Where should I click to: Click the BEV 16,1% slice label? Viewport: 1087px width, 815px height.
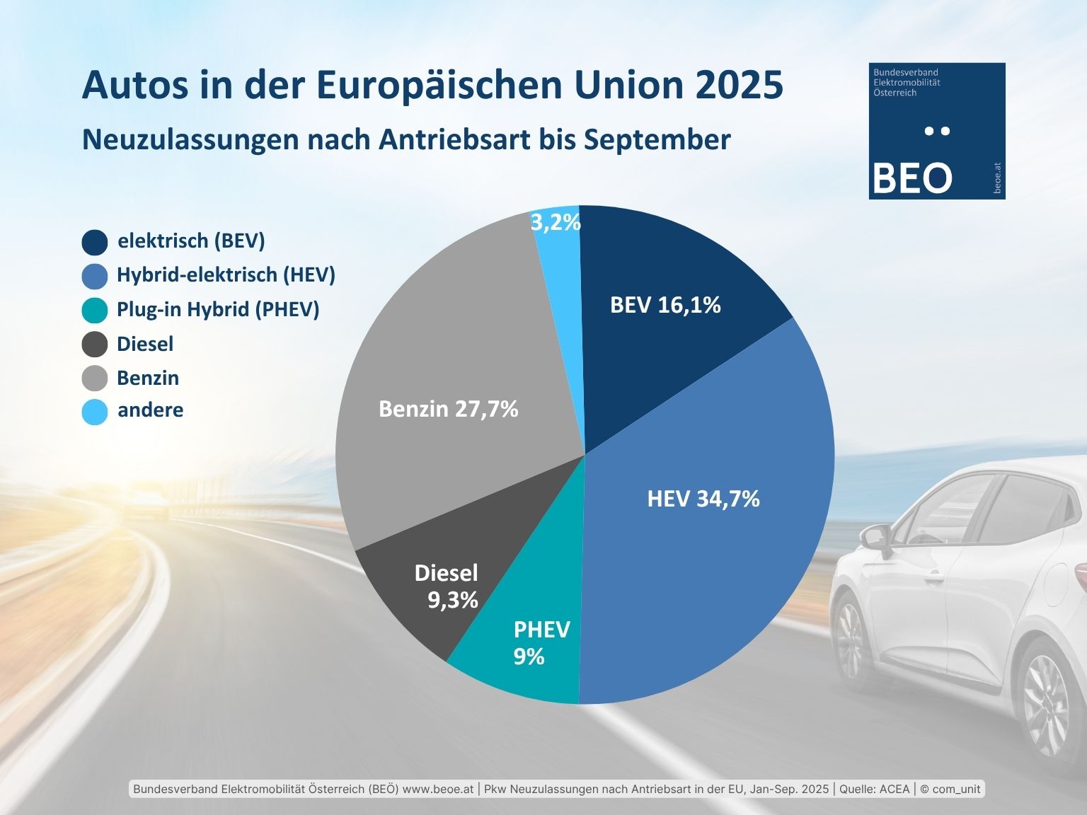click(665, 305)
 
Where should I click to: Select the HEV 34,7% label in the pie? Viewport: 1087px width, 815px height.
click(703, 499)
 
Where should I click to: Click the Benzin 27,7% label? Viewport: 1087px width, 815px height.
click(448, 409)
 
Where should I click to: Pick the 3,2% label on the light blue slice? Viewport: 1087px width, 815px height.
click(556, 222)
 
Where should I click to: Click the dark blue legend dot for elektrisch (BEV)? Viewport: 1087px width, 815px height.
click(95, 242)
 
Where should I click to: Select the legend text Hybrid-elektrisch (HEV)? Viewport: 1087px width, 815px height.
click(226, 274)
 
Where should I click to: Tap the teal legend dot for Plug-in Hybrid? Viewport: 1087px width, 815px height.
click(95, 310)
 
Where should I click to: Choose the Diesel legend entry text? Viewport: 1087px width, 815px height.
click(145, 344)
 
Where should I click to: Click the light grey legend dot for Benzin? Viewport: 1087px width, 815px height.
click(95, 378)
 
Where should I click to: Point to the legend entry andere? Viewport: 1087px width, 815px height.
click(150, 410)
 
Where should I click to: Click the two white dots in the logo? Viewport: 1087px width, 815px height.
click(938, 130)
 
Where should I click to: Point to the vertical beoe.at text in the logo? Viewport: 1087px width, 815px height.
click(996, 178)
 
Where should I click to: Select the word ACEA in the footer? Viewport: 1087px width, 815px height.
click(894, 789)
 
